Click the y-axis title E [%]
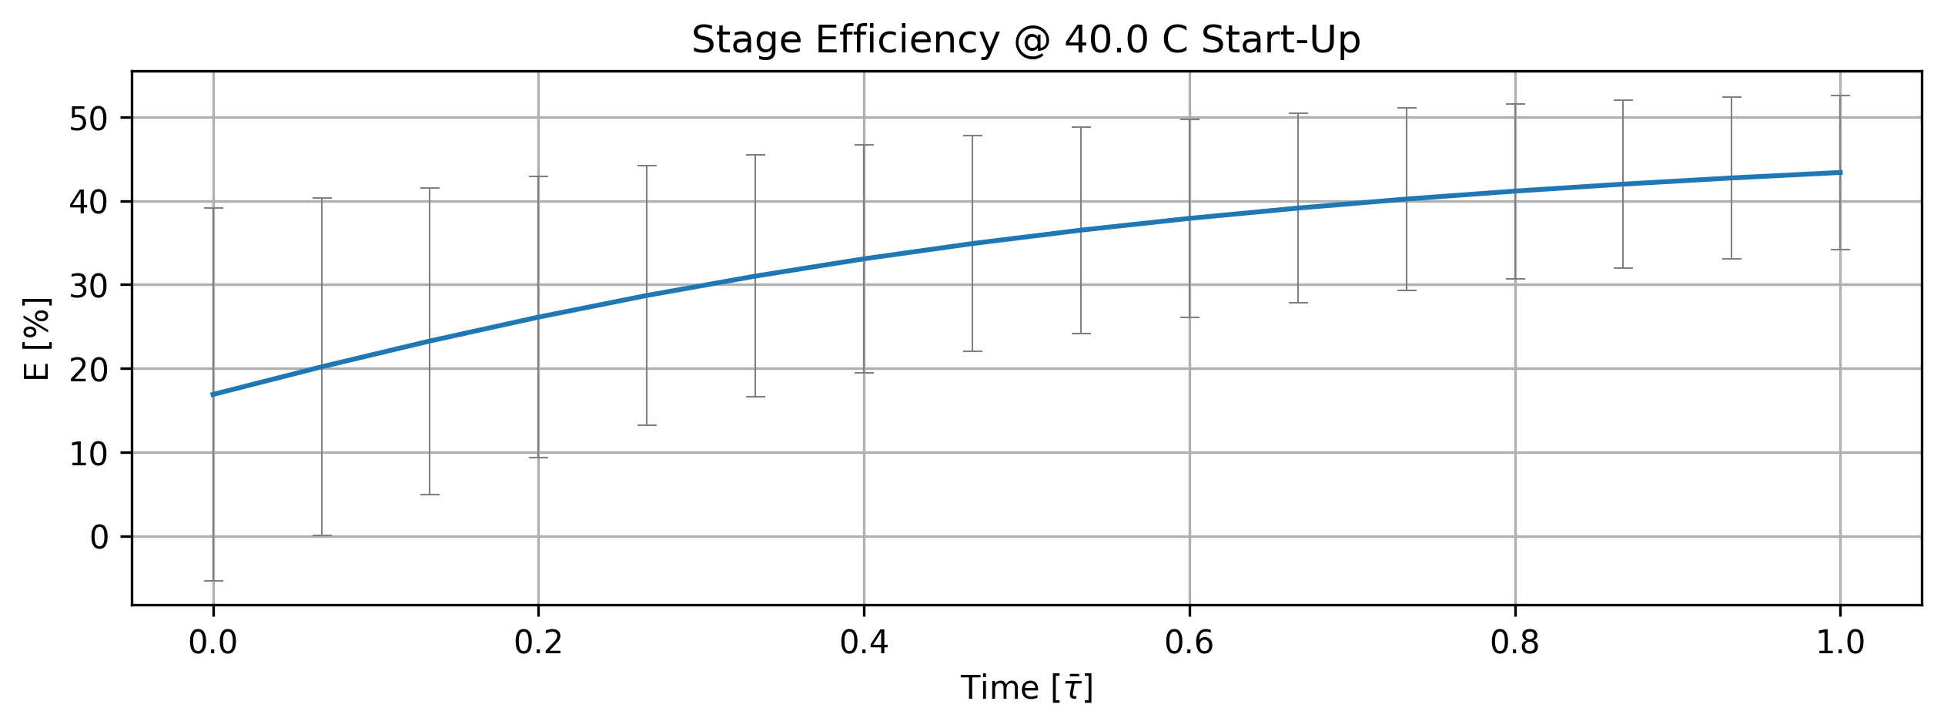click(37, 338)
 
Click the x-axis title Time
click(999, 688)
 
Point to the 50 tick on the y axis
click(91, 119)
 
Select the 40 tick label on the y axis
click(91, 202)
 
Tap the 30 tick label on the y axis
click(91, 286)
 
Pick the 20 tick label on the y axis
click(91, 370)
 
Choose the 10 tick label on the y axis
click(91, 454)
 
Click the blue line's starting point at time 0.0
click(213, 394)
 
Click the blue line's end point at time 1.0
click(1840, 173)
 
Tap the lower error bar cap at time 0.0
click(213, 581)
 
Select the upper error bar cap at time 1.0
click(1840, 96)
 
